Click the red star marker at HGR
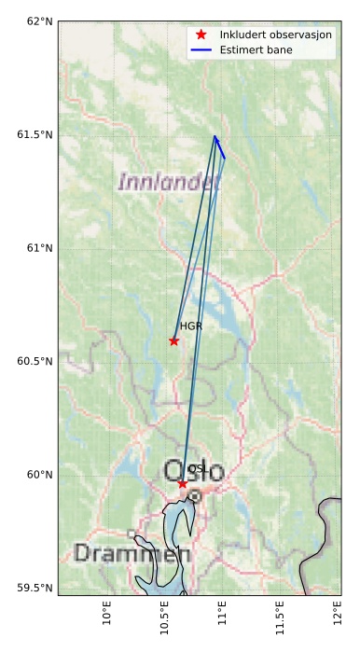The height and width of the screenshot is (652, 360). tap(174, 340)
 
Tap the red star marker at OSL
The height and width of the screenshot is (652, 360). tap(183, 483)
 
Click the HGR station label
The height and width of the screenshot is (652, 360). tap(191, 326)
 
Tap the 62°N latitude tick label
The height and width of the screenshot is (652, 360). tap(35, 21)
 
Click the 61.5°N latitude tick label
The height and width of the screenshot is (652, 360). tap(32, 135)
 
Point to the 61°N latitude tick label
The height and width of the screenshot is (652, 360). tap(35, 248)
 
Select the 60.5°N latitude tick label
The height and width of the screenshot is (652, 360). tap(32, 362)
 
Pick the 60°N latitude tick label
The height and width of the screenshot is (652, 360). tap(35, 475)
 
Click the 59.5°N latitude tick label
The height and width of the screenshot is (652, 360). tap(32, 589)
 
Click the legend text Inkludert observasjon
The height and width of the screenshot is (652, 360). tap(275, 35)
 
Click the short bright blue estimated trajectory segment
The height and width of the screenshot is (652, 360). tap(220, 147)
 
